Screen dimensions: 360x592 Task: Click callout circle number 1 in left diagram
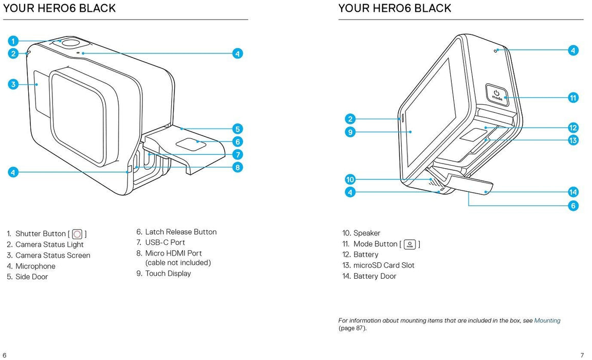[x=13, y=41]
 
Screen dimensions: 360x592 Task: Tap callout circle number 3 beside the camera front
[x=13, y=84]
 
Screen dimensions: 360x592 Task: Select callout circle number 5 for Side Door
[x=237, y=129]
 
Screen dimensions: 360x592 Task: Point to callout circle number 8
[x=237, y=167]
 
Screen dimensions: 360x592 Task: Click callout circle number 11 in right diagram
[x=573, y=98]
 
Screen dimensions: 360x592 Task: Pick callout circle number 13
[x=573, y=140]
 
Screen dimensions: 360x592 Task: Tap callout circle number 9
[x=350, y=132]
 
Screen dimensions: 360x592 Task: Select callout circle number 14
[x=573, y=192]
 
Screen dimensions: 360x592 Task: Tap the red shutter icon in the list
[x=78, y=234]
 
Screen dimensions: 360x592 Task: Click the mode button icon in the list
[x=410, y=244]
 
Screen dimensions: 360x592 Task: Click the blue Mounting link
[x=547, y=320]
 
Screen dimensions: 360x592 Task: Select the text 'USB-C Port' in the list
[x=165, y=242]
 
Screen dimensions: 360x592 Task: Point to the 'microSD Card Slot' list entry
[x=383, y=265]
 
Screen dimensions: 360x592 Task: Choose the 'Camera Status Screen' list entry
[x=52, y=255]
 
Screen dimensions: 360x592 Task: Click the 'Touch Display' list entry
[x=168, y=274]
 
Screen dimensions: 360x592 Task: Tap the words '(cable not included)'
[x=178, y=263]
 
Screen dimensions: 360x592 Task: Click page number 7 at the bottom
[x=582, y=355]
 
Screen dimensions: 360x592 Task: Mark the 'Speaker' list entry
[x=366, y=233]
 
